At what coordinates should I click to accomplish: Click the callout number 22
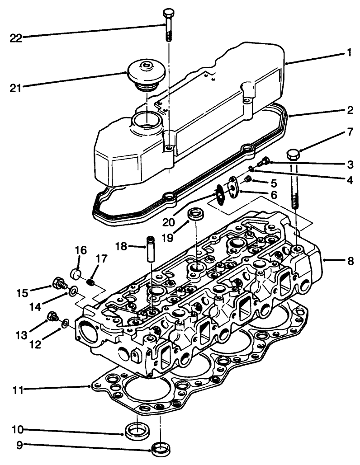tap(16, 38)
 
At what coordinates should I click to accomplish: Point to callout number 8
tap(351, 261)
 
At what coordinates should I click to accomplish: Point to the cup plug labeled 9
tap(161, 449)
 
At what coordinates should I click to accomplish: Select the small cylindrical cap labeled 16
tap(77, 274)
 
